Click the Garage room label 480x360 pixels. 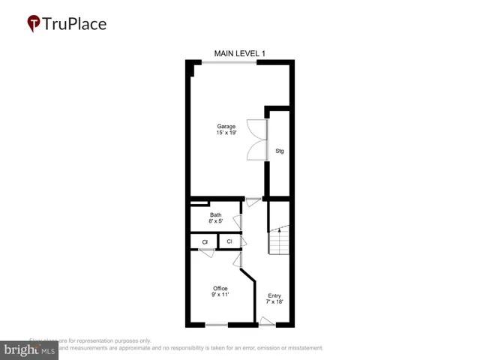click(x=226, y=126)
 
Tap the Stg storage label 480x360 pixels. click(x=280, y=151)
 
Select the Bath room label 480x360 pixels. click(x=215, y=215)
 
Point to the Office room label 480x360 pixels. click(x=220, y=289)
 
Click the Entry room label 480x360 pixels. click(x=274, y=295)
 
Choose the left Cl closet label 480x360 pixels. click(x=204, y=241)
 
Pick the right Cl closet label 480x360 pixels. click(x=229, y=241)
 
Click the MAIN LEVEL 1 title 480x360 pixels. click(x=239, y=53)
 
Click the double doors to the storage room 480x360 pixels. click(x=256, y=139)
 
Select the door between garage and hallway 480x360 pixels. click(x=253, y=199)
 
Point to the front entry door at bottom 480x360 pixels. click(x=267, y=322)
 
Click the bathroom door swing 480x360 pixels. click(x=237, y=221)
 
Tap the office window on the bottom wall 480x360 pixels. click(x=217, y=325)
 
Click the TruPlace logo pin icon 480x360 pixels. click(x=33, y=24)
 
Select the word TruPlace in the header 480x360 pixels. click(x=75, y=23)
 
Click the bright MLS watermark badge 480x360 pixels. click(x=29, y=350)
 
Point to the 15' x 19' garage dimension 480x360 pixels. click(x=226, y=133)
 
